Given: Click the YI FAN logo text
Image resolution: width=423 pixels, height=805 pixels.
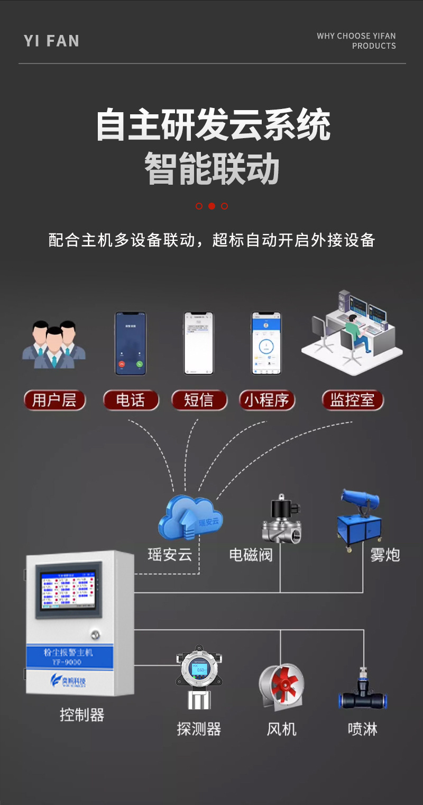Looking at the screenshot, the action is [51, 41].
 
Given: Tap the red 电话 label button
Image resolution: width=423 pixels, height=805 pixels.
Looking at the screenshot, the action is [130, 401].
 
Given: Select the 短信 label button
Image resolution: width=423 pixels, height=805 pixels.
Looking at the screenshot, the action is [199, 401].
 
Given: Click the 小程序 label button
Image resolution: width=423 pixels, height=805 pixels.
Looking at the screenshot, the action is [266, 401].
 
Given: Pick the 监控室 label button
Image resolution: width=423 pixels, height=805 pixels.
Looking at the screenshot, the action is [352, 401].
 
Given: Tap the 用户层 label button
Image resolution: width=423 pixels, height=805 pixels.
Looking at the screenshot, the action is [54, 401].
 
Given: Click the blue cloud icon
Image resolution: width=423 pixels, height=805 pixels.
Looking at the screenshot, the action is [190, 517].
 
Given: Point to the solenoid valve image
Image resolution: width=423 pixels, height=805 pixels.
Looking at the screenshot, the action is [281, 520].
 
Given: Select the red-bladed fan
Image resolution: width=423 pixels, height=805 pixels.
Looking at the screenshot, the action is [281, 687].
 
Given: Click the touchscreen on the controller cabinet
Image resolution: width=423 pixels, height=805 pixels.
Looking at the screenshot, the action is [66, 592].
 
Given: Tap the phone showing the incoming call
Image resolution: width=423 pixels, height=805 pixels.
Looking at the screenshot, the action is [131, 343].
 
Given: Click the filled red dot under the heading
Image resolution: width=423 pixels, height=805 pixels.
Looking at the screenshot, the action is [212, 206].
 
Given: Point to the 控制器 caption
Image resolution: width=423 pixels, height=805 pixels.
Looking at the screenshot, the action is [82, 716].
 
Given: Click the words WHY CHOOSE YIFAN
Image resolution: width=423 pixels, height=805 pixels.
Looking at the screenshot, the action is [356, 36].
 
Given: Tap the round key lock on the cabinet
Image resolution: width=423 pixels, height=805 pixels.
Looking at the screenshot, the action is [96, 633].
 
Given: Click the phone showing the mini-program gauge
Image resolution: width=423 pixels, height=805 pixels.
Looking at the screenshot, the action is [266, 343].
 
